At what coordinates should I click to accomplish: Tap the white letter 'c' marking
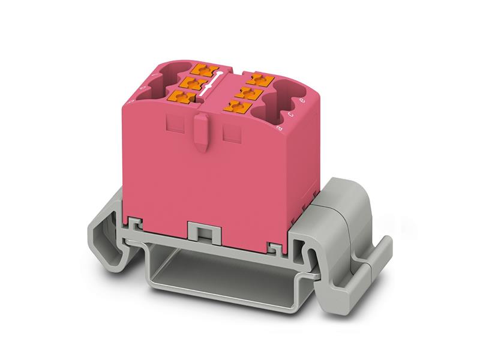point(291,114)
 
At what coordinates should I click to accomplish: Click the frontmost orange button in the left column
point(183,97)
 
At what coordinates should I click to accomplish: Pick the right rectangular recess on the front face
point(232,133)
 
